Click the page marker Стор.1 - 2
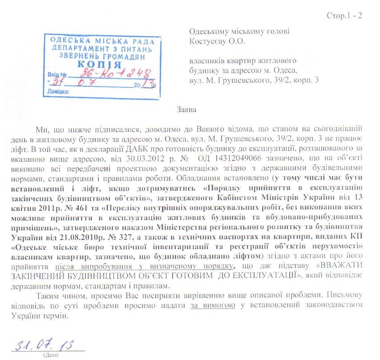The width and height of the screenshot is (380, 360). (344, 16)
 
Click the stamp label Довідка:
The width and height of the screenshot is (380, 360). (57, 90)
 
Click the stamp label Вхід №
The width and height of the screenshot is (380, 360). (57, 75)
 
